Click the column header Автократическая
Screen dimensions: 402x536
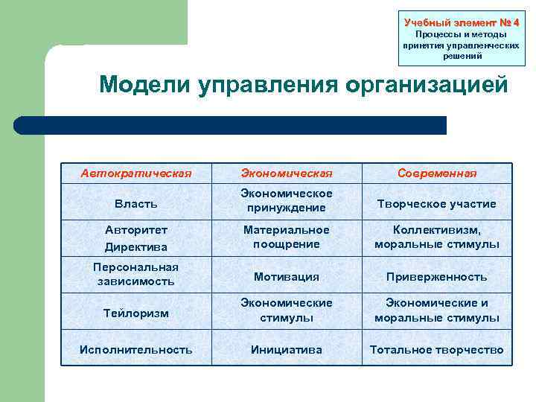pos(135,173)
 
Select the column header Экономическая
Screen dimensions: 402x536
pos(286,173)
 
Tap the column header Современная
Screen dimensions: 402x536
pos(436,173)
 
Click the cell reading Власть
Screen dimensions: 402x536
pos(135,202)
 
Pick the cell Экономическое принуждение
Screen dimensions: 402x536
pos(286,200)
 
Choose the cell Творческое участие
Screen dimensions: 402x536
pos(436,203)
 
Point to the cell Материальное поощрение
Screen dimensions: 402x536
pos(286,237)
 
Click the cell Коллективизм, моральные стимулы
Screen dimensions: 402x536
pos(436,237)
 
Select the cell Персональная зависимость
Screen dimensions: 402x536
pos(135,274)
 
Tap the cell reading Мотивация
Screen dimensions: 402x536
pos(286,277)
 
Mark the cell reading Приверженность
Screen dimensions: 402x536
pos(436,277)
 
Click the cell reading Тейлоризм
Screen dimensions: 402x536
pos(135,313)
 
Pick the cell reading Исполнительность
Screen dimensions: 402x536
pos(135,349)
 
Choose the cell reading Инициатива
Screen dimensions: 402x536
pos(286,349)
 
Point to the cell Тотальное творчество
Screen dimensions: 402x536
pos(436,349)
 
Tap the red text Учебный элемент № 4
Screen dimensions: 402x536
pos(461,22)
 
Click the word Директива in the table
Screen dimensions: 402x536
pos(135,246)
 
